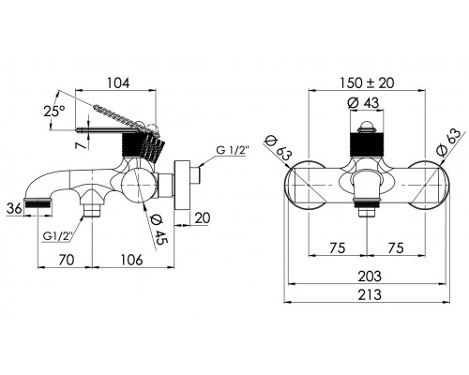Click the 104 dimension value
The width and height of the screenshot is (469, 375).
118,83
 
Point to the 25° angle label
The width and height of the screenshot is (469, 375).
54,111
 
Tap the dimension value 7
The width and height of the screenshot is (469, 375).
82,144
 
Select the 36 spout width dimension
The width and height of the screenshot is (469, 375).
15,208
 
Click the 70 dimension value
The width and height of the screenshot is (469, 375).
67,260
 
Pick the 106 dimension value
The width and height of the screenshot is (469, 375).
131,260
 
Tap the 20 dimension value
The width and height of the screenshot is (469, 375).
203,217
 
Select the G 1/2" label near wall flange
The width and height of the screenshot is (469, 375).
233,151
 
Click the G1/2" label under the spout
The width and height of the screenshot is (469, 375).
58,236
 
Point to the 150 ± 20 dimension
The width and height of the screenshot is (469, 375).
367,83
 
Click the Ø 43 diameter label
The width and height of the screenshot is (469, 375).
363,102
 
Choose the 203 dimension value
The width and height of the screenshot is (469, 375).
370,277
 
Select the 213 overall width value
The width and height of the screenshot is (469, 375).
370,294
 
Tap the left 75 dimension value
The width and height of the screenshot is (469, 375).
338,247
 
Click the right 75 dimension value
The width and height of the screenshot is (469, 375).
396,247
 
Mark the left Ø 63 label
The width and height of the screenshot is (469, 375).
279,149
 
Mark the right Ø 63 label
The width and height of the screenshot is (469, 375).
448,142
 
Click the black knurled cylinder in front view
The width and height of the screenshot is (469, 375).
367,145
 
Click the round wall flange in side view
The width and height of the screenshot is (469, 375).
182,186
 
